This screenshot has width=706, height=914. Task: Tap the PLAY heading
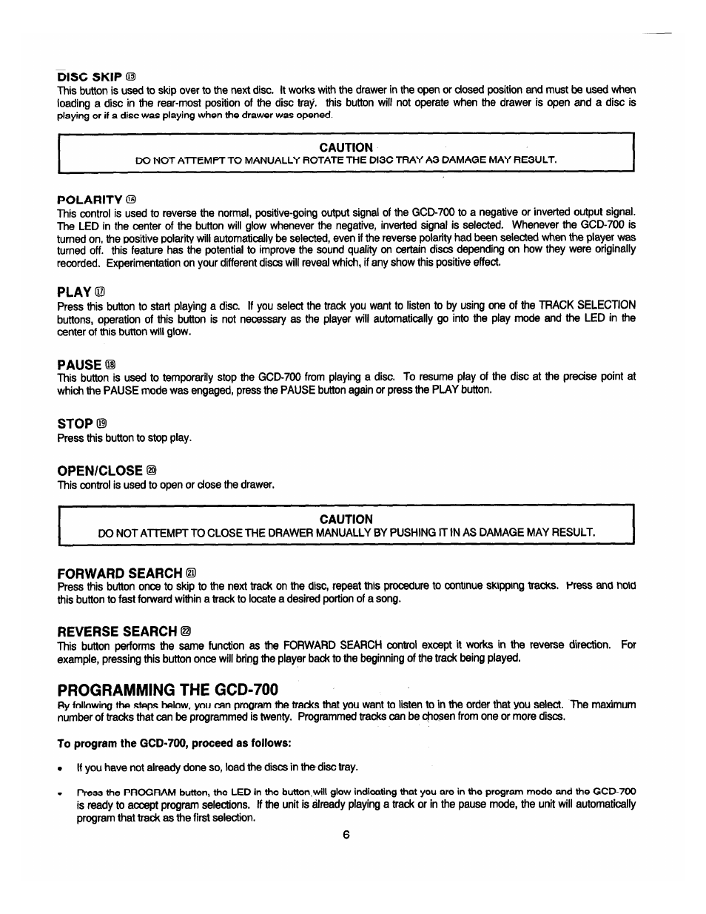74,292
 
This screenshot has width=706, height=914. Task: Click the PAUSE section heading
79,364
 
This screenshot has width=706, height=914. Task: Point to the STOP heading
75,424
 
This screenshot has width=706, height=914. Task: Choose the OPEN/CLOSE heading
100,471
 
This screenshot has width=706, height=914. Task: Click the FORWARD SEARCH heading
119,574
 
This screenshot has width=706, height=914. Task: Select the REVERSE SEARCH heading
117,631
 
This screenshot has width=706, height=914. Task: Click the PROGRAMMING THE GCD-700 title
168,689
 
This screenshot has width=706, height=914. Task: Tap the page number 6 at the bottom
346,835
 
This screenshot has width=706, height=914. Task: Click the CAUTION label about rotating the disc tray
346,147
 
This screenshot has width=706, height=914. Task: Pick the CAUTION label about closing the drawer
346,519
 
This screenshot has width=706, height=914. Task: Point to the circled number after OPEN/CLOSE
152,471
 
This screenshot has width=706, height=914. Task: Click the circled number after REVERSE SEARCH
186,631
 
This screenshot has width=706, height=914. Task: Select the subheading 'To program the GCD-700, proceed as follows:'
174,742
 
